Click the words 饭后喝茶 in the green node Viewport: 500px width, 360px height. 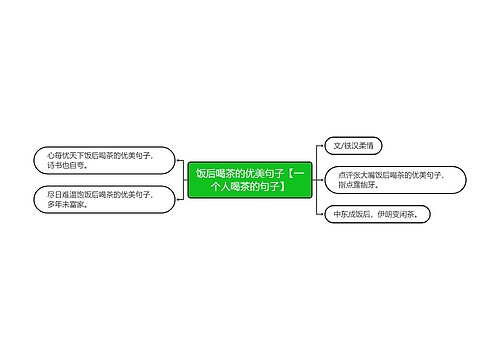[215, 171]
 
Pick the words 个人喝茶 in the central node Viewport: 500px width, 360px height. [229, 185]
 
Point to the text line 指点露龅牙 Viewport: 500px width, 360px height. [358, 185]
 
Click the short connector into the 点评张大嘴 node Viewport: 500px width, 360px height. [319, 179]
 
